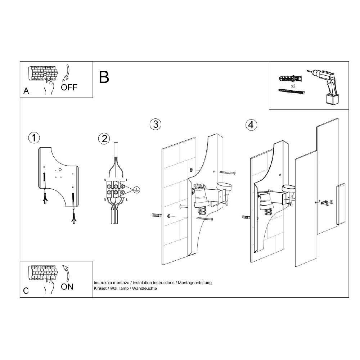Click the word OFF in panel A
(x=69, y=87)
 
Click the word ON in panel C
(x=67, y=287)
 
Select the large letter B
(x=104, y=77)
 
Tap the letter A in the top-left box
(x=26, y=91)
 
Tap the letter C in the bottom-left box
(x=26, y=291)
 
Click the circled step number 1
(x=34, y=138)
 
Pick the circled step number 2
(x=104, y=138)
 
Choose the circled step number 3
(x=155, y=124)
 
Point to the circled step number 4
(x=251, y=125)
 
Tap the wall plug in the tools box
(x=291, y=78)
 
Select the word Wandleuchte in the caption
(x=145, y=289)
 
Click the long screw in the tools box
(x=291, y=93)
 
